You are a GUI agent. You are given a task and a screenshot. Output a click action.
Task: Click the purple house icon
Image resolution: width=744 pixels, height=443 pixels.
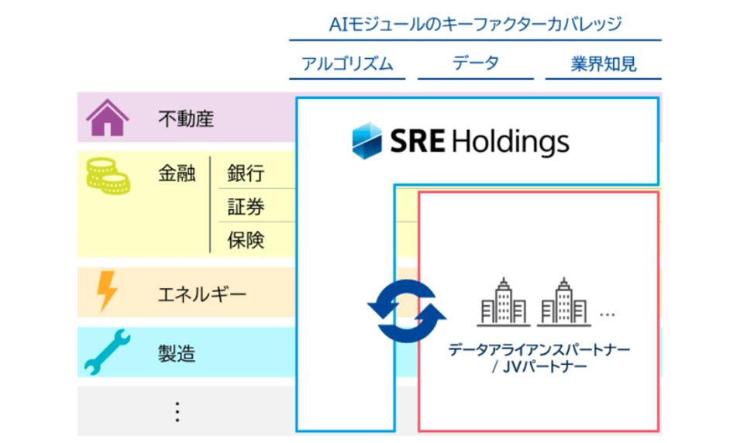(x=107, y=118)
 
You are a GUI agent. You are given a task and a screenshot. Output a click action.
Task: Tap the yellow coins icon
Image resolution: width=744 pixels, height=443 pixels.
(x=107, y=175)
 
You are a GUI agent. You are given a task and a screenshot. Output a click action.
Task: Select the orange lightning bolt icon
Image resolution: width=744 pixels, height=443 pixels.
(x=107, y=292)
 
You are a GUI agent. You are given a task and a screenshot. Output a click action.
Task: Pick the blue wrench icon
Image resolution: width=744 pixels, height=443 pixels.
(x=107, y=353)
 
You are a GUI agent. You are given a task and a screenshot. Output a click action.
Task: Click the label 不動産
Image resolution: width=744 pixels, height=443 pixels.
(x=185, y=119)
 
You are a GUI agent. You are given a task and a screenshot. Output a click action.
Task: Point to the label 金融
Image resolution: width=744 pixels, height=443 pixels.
(x=177, y=173)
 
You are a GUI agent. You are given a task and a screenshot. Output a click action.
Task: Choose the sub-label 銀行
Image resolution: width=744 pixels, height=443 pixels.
(x=246, y=173)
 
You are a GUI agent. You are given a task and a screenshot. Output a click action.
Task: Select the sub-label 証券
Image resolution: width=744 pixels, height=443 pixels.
(x=246, y=207)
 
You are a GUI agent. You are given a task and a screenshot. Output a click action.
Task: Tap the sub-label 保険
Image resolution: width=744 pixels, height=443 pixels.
(x=246, y=240)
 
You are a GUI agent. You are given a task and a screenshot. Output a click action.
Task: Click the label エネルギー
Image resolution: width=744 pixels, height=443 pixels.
(x=201, y=294)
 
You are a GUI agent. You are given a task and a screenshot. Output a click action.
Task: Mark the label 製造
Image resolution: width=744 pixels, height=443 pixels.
(x=177, y=354)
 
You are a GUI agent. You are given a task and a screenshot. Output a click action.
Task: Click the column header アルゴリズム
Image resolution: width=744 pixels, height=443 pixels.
(x=347, y=64)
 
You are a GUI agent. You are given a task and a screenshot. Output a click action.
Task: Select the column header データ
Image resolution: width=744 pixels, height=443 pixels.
(x=476, y=64)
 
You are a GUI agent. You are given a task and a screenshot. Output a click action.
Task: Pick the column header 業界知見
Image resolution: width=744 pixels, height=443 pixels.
(x=604, y=64)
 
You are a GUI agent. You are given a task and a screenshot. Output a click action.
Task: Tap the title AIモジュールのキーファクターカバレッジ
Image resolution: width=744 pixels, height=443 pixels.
(x=475, y=24)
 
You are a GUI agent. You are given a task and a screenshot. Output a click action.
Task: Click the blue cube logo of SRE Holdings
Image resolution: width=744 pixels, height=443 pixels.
(x=367, y=142)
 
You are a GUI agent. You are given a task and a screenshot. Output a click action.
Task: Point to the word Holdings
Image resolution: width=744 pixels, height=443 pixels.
(x=510, y=142)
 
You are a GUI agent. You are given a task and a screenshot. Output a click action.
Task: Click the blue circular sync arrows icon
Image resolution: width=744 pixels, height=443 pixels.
(x=406, y=310)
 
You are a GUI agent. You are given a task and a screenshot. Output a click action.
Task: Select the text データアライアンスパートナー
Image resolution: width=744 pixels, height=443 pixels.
(x=539, y=349)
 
